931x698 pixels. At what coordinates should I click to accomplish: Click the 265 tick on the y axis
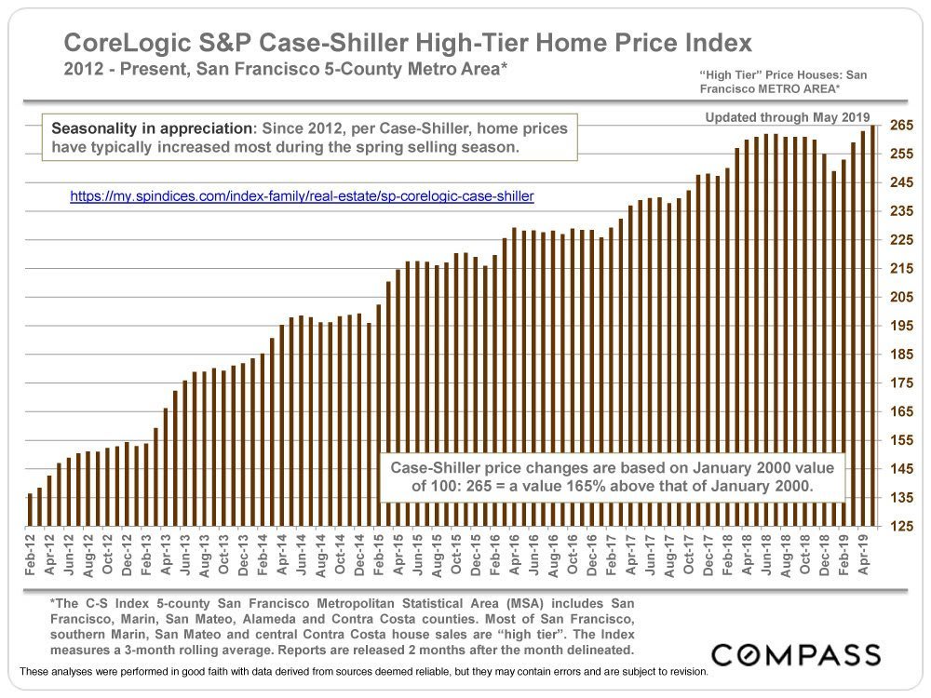[x=900, y=126]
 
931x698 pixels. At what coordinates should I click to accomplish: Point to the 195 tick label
[x=900, y=326]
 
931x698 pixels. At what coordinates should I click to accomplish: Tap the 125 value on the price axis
[x=900, y=528]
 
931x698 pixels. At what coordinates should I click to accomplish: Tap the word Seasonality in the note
[x=96, y=128]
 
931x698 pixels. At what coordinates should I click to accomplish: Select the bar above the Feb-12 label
[x=31, y=511]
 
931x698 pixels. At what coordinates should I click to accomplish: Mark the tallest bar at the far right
[x=872, y=327]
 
